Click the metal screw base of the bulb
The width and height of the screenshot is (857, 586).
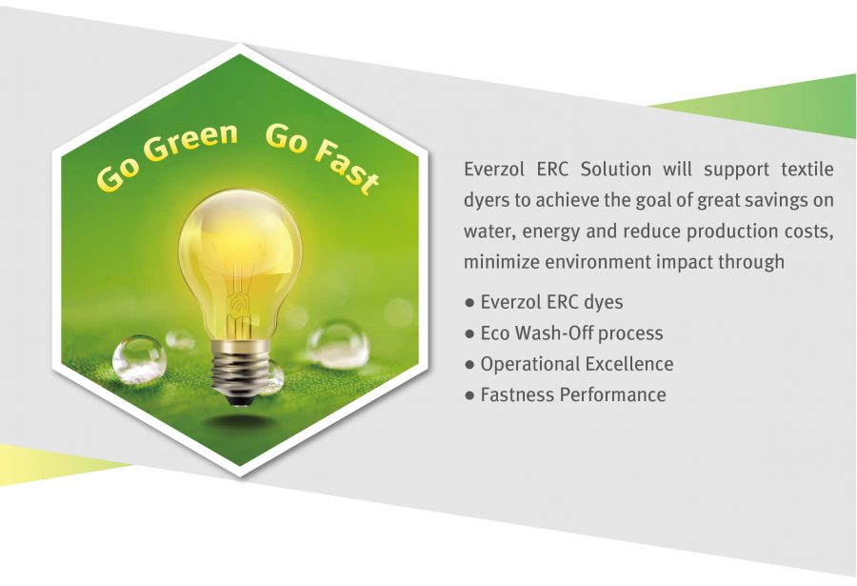(241, 372)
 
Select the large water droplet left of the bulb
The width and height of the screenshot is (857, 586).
(139, 358)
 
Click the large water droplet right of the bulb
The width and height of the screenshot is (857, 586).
(338, 345)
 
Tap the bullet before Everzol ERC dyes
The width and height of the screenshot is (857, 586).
(468, 302)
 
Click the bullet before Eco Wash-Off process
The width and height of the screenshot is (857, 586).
(468, 333)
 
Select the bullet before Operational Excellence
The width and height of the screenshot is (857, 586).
(468, 364)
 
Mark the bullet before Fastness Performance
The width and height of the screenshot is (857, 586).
(468, 394)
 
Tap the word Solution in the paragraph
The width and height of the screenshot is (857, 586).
(615, 169)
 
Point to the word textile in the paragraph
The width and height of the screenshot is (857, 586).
(807, 169)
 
